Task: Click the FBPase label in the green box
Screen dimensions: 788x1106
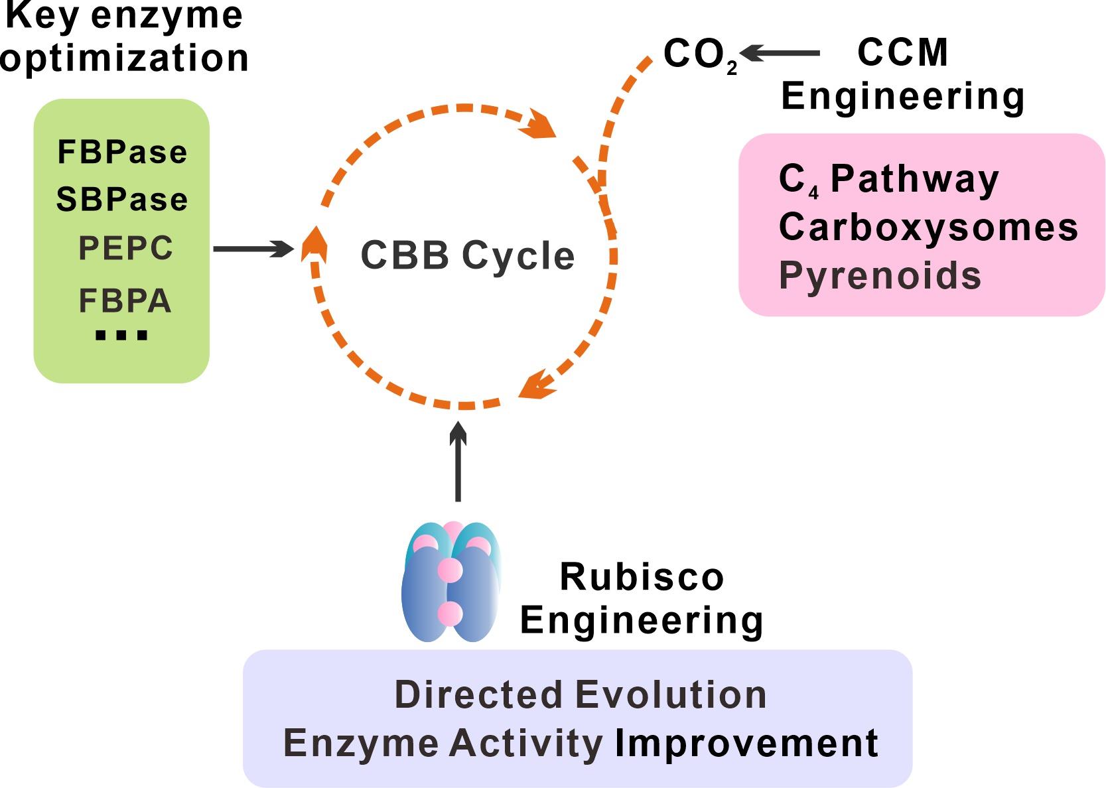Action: pos(122,153)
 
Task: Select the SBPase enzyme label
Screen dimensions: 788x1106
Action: pos(122,200)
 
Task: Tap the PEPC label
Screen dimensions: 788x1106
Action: pos(125,249)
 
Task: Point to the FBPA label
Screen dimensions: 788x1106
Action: pos(125,301)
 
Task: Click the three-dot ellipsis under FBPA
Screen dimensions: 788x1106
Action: pos(121,336)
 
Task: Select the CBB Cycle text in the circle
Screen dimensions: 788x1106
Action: pos(467,256)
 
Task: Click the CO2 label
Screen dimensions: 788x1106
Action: pos(700,55)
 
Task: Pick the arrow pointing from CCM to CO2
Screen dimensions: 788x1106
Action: pos(780,53)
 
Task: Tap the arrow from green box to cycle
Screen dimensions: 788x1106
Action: pos(253,249)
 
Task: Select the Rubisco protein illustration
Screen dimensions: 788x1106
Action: pos(450,582)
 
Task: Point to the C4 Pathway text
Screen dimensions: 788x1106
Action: pos(888,180)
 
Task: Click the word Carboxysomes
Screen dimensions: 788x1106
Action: pos(928,228)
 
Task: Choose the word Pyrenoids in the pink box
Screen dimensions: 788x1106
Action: pos(880,276)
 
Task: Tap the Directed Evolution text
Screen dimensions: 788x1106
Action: pos(581,695)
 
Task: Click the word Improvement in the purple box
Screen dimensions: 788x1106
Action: pos(746,743)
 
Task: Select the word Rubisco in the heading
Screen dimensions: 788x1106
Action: pos(642,577)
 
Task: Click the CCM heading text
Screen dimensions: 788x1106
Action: pos(902,53)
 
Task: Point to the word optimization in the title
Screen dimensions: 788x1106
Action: pos(125,58)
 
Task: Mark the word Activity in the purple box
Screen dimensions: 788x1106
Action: pos(525,743)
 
